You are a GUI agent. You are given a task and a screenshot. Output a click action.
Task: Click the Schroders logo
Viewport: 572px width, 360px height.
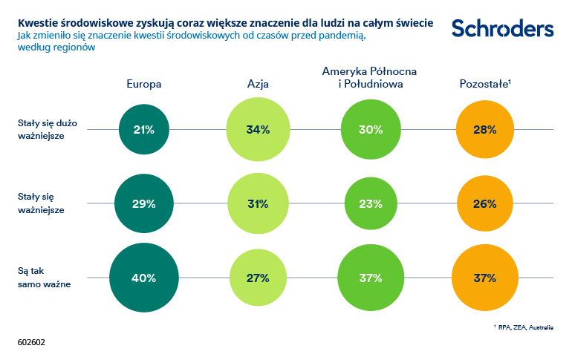pos(502,28)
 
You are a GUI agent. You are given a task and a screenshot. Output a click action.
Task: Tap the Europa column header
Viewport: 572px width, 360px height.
pos(144,85)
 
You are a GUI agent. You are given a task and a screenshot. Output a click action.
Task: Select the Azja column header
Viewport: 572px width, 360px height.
pos(257,85)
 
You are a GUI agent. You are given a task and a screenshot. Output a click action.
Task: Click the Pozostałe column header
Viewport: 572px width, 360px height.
pos(484,85)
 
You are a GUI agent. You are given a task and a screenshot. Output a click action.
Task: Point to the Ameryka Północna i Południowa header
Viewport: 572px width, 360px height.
pos(369,77)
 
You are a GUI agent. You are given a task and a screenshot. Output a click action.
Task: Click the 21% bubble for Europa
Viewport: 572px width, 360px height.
pos(143,130)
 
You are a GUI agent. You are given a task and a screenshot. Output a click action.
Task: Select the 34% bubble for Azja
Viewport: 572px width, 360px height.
pos(257,130)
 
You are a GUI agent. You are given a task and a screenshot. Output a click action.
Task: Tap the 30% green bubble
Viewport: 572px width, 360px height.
pos(370,130)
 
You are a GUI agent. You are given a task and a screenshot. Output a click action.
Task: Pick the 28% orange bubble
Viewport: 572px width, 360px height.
pos(484,130)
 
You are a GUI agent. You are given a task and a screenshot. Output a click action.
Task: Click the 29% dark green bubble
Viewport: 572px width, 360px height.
pos(143,203)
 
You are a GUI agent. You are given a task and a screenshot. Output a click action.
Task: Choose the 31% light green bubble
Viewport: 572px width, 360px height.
pos(257,203)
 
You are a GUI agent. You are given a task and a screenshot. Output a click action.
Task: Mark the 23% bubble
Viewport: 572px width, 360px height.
pos(370,203)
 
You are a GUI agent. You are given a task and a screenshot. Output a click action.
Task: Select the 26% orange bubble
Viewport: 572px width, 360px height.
pos(484,203)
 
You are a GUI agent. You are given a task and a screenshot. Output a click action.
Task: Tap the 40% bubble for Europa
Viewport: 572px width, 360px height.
pos(143,278)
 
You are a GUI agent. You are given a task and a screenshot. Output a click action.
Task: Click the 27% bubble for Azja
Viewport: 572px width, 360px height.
pos(257,278)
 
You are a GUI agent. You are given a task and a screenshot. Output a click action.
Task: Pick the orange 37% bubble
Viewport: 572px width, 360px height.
pos(484,278)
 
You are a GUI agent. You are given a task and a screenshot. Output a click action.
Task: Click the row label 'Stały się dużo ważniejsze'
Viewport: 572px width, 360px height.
pos(42,130)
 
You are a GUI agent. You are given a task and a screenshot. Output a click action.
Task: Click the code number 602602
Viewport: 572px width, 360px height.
pos(31,344)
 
